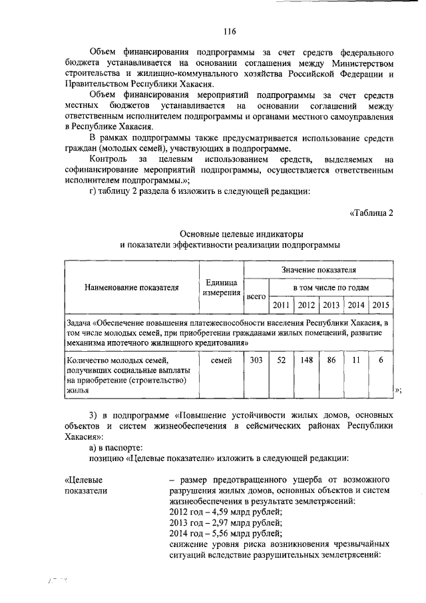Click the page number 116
[230, 31]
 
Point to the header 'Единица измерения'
[221, 287]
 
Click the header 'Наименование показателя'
[132, 288]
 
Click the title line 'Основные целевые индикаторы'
[230, 234]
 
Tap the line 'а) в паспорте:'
[115, 447]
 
